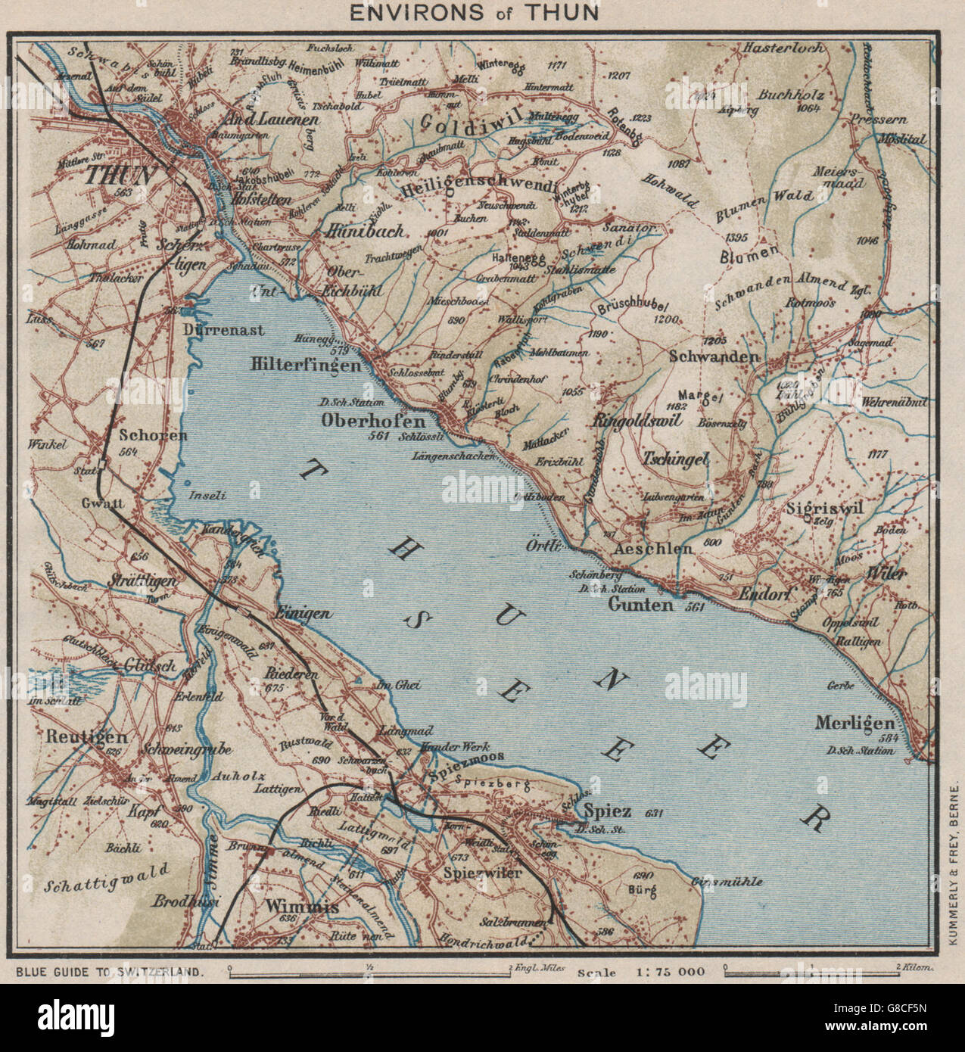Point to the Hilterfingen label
(x=305, y=364)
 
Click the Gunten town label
(x=640, y=605)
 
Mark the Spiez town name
(x=608, y=811)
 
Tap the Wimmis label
(x=296, y=905)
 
